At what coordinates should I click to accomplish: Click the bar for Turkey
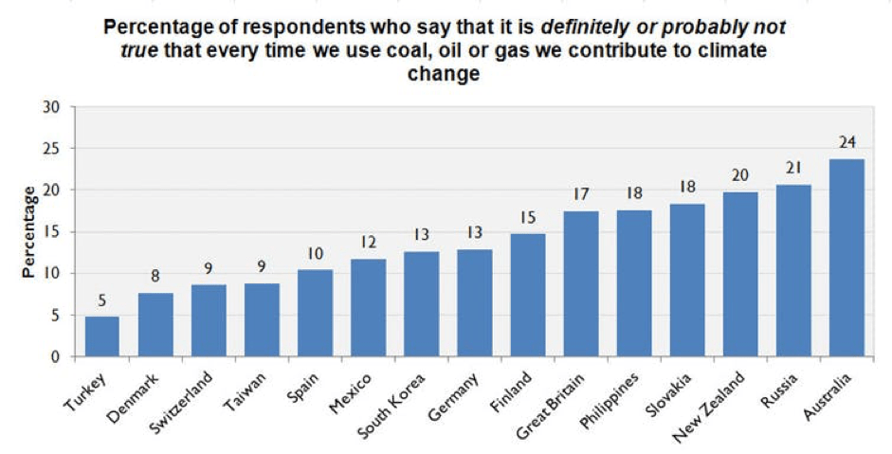tap(102, 336)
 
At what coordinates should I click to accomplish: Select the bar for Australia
tap(846, 258)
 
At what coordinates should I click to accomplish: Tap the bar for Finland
tap(527, 295)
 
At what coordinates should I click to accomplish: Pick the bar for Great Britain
tap(580, 283)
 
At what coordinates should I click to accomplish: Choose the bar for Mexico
tap(368, 308)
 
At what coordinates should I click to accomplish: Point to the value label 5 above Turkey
tap(102, 301)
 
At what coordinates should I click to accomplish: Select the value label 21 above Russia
tap(793, 169)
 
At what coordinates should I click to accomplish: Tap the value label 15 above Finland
tap(527, 218)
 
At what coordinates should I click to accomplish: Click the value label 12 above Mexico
tap(368, 243)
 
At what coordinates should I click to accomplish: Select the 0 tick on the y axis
tap(57, 357)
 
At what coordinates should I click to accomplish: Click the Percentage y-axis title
tap(29, 231)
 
